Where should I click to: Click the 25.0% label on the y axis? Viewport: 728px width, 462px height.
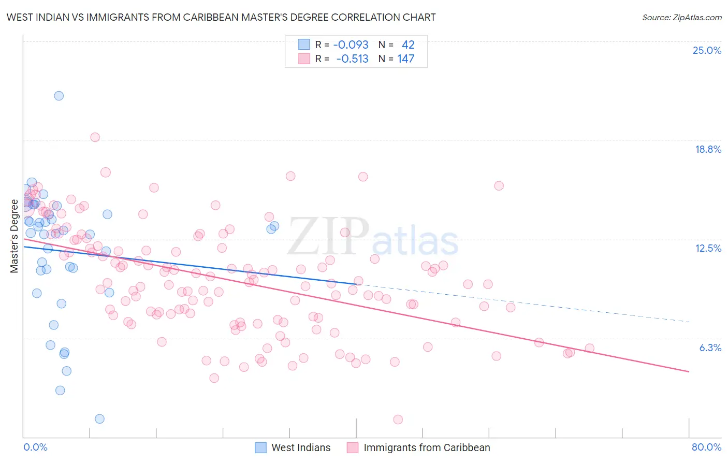tap(707, 50)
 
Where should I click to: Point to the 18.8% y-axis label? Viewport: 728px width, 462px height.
tap(708, 149)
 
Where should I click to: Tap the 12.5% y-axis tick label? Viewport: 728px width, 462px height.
tap(708, 248)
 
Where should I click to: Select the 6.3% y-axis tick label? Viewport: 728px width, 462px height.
tap(710, 348)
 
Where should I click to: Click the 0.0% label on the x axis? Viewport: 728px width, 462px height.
tap(35, 447)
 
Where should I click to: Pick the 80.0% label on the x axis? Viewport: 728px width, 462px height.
tap(706, 447)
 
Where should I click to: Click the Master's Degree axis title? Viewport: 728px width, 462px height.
tap(14, 236)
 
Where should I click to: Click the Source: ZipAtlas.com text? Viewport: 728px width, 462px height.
tap(681, 17)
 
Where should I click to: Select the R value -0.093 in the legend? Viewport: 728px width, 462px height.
tap(351, 45)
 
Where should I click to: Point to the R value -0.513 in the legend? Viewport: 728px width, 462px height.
tap(352, 59)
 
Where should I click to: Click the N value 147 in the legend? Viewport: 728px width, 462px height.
tap(405, 59)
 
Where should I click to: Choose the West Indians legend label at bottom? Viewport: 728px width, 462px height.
tap(301, 447)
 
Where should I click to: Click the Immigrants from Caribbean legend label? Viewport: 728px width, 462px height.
tap(427, 447)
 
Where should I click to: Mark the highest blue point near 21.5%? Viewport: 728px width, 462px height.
tap(59, 96)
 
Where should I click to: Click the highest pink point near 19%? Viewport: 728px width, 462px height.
tap(95, 137)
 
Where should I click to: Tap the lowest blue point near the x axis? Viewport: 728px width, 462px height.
tap(99, 418)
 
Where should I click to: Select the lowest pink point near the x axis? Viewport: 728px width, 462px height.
tap(398, 420)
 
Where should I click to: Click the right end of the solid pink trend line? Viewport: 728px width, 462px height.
tap(689, 371)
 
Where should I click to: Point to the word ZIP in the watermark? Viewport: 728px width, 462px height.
tap(328, 236)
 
